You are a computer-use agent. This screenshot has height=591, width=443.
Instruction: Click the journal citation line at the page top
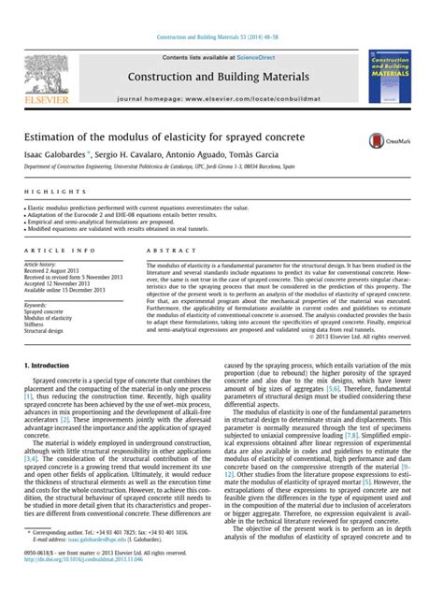pos(221,10)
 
